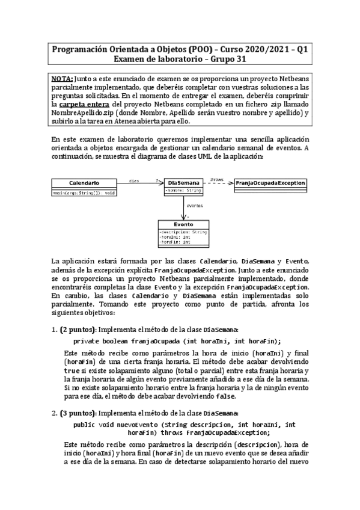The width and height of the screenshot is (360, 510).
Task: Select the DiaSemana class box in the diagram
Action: (x=183, y=186)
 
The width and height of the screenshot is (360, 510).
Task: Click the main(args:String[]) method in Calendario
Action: (x=84, y=192)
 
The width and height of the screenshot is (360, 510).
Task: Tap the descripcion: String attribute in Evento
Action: (x=183, y=230)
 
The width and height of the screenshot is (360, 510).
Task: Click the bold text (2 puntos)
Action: (x=77, y=329)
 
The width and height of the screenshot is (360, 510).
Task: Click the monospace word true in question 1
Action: (x=72, y=372)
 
